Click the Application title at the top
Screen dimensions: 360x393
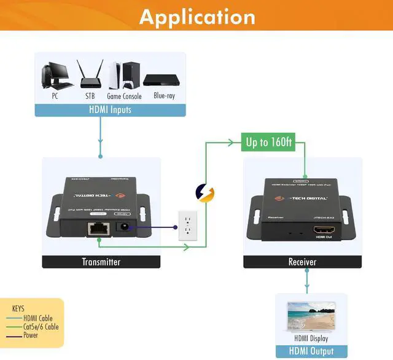[x=196, y=17]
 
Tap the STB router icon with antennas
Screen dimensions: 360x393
[x=89, y=76]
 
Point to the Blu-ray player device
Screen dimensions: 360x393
[x=159, y=80]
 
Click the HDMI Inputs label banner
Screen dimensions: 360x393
[x=110, y=110]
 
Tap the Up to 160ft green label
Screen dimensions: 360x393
[x=269, y=143]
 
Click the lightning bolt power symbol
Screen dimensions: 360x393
[x=205, y=194]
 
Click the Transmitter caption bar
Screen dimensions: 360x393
[x=101, y=262]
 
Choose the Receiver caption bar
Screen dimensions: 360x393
[x=302, y=262]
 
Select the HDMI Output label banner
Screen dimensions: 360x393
[x=311, y=351]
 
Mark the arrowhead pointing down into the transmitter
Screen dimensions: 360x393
[x=101, y=156]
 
